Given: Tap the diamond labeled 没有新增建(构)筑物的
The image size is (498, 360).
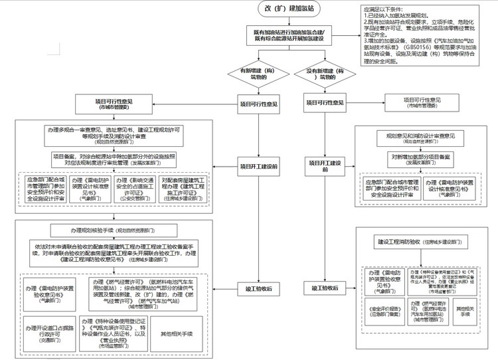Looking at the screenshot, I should coord(325,74).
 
